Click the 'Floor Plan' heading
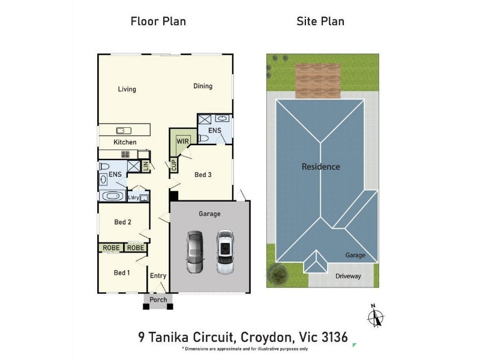(158, 22)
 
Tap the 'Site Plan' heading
(320, 22)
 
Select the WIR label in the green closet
(183, 141)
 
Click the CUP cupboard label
(174, 166)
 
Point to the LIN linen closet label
(145, 166)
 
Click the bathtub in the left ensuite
(112, 196)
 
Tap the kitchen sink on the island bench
(124, 131)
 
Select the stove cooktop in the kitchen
(125, 154)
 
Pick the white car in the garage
(225, 252)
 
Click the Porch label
(158, 299)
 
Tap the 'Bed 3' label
(203, 175)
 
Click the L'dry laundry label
(133, 198)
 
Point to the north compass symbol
(376, 316)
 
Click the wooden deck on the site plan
(318, 81)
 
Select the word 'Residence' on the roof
(321, 167)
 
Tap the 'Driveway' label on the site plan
(348, 276)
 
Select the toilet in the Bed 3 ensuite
(203, 139)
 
